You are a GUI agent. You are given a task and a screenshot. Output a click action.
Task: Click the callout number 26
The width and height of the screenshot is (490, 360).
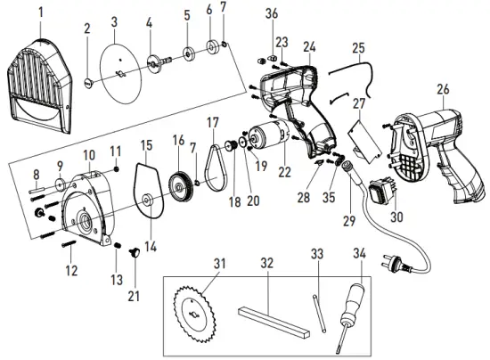[x=442, y=89]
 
